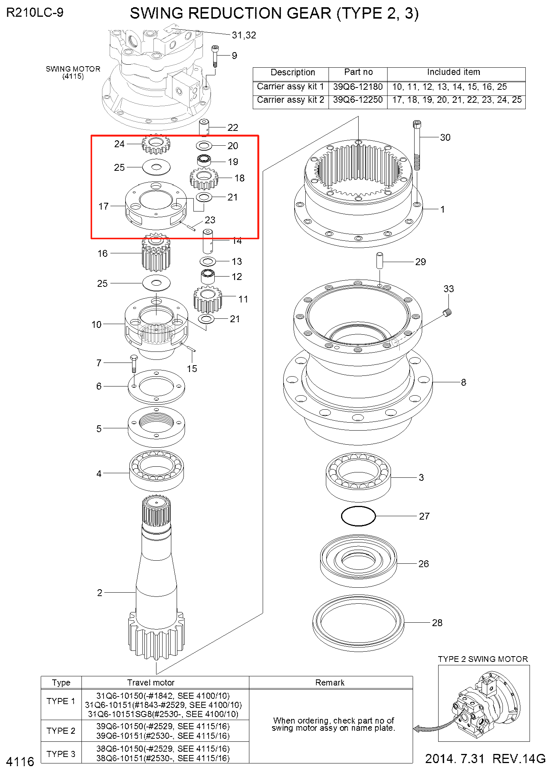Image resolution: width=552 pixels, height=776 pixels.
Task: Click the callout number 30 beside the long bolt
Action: (x=445, y=137)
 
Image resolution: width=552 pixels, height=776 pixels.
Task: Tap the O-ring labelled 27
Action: (x=358, y=516)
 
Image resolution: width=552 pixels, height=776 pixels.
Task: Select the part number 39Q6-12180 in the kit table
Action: (x=358, y=87)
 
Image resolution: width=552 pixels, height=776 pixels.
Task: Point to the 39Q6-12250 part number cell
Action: (x=358, y=100)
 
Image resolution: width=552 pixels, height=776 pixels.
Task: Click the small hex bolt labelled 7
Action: (x=134, y=364)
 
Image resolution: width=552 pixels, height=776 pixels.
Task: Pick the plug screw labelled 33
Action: (x=448, y=313)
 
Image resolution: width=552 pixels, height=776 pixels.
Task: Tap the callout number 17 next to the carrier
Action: (x=104, y=206)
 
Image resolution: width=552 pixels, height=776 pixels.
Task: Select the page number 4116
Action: (x=20, y=762)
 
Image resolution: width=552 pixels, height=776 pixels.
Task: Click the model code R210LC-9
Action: (x=35, y=13)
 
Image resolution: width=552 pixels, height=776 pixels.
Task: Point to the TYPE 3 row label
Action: (x=61, y=754)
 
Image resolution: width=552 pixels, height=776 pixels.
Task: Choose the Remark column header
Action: (x=330, y=682)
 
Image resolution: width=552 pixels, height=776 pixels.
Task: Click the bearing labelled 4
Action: (x=156, y=470)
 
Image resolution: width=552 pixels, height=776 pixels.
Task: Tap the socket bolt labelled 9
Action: (x=215, y=56)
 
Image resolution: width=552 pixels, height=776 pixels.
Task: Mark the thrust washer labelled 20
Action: (x=204, y=145)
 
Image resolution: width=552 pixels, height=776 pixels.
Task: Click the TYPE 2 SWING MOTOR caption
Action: (x=483, y=659)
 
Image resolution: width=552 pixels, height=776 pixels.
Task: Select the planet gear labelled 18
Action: (x=204, y=179)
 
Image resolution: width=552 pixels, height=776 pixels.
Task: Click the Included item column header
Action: (x=453, y=72)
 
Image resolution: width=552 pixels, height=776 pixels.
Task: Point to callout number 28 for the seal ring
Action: (x=437, y=623)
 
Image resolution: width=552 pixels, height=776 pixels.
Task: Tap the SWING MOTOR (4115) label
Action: (x=73, y=72)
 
